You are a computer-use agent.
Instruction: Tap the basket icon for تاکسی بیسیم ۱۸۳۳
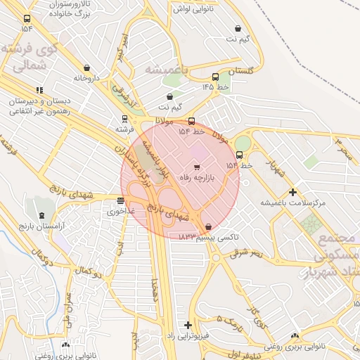point(209,226)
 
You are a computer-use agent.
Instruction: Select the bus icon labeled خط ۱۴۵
point(214,77)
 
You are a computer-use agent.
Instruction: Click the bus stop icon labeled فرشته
point(124,119)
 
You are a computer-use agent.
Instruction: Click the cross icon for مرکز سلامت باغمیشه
point(293,192)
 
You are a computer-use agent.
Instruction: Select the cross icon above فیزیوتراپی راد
point(187,325)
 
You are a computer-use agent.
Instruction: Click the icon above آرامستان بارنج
point(41,215)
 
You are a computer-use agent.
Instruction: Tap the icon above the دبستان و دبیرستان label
point(39,90)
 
